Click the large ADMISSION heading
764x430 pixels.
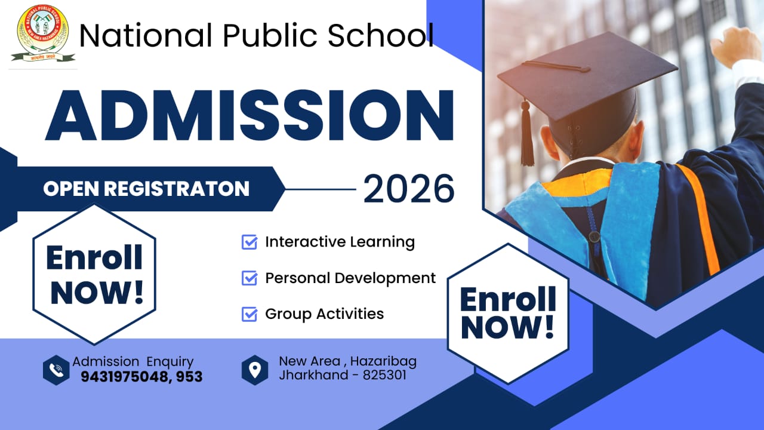[x=249, y=116]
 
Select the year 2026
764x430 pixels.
[x=409, y=189]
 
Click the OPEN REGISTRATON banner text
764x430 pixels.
[x=146, y=189]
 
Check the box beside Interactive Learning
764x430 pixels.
[x=249, y=242]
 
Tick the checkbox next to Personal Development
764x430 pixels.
[x=249, y=278]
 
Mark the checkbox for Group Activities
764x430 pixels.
[x=249, y=314]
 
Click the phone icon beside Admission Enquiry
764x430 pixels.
[x=57, y=370]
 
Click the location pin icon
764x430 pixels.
[x=255, y=370]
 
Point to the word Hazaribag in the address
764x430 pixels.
[x=383, y=361]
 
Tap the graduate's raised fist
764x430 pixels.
[x=735, y=47]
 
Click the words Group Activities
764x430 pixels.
[x=324, y=314]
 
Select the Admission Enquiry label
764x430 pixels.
[x=133, y=361]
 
